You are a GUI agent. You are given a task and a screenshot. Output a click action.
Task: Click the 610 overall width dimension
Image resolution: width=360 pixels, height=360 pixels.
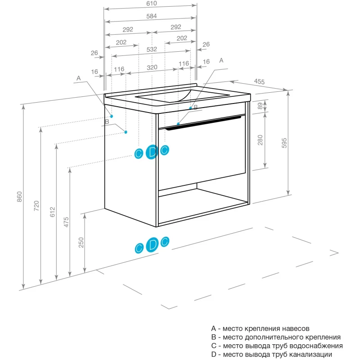pos(151,4)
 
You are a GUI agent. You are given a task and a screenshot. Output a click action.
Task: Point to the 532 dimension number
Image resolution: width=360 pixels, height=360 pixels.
pos(152,49)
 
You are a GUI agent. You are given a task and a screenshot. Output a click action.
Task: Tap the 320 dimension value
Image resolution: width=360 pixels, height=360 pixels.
pos(152,67)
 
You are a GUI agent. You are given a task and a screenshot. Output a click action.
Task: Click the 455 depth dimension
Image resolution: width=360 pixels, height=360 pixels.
pos(259,81)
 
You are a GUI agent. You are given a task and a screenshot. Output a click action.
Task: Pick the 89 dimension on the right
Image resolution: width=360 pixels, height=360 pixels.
pos(260,106)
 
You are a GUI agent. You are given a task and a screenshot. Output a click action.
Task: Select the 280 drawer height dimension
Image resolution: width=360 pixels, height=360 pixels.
pos(260,141)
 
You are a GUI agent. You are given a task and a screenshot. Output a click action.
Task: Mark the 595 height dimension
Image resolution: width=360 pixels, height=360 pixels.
pos(284,143)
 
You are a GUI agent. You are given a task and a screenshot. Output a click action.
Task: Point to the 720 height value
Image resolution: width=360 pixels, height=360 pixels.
pos(36,206)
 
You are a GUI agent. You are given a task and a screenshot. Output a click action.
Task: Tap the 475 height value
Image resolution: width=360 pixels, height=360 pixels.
pos(66,222)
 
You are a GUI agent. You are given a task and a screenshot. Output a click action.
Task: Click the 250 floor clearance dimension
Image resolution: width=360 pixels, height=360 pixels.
pos(81,243)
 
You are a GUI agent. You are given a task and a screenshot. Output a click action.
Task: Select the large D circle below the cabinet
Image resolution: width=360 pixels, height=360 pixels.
pos(152,244)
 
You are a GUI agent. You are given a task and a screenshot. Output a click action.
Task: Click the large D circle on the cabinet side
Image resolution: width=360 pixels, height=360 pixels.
pos(152,152)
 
